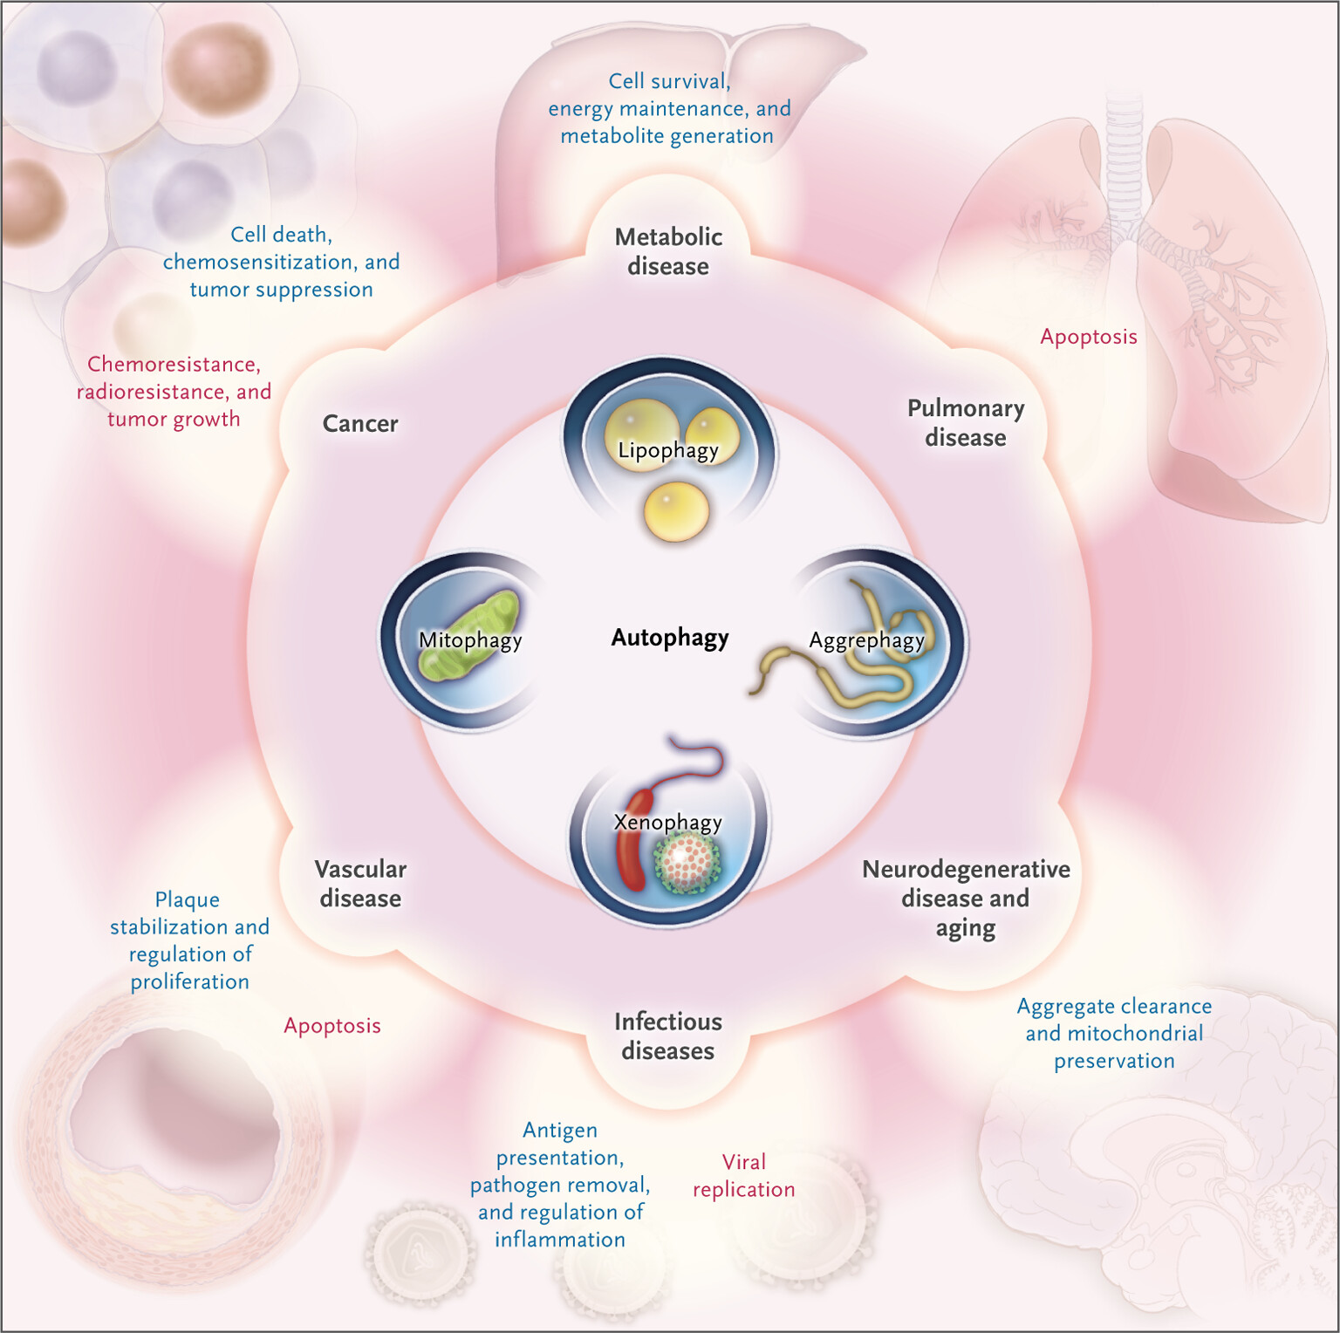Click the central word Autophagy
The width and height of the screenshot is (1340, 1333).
click(x=669, y=638)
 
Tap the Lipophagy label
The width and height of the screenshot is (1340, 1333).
click(x=667, y=450)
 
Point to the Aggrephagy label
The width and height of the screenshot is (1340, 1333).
click(x=866, y=640)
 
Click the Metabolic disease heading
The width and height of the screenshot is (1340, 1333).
click(x=668, y=251)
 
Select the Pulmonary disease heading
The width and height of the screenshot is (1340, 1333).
click(x=966, y=423)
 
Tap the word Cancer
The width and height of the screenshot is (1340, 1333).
click(x=360, y=424)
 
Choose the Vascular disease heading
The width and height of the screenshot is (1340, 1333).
click(x=360, y=884)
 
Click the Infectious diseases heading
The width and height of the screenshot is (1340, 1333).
click(x=667, y=1036)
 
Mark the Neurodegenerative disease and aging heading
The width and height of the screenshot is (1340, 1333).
click(x=966, y=899)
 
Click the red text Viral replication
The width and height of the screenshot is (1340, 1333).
click(x=743, y=1176)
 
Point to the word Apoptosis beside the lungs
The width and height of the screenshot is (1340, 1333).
click(x=1089, y=337)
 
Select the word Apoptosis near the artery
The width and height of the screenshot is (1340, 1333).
click(x=332, y=1026)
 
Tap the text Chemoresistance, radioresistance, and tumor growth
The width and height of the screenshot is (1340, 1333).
click(x=174, y=392)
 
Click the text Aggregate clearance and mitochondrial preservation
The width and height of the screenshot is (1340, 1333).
click(x=1114, y=1034)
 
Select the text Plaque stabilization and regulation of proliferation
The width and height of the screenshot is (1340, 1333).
click(x=189, y=940)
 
